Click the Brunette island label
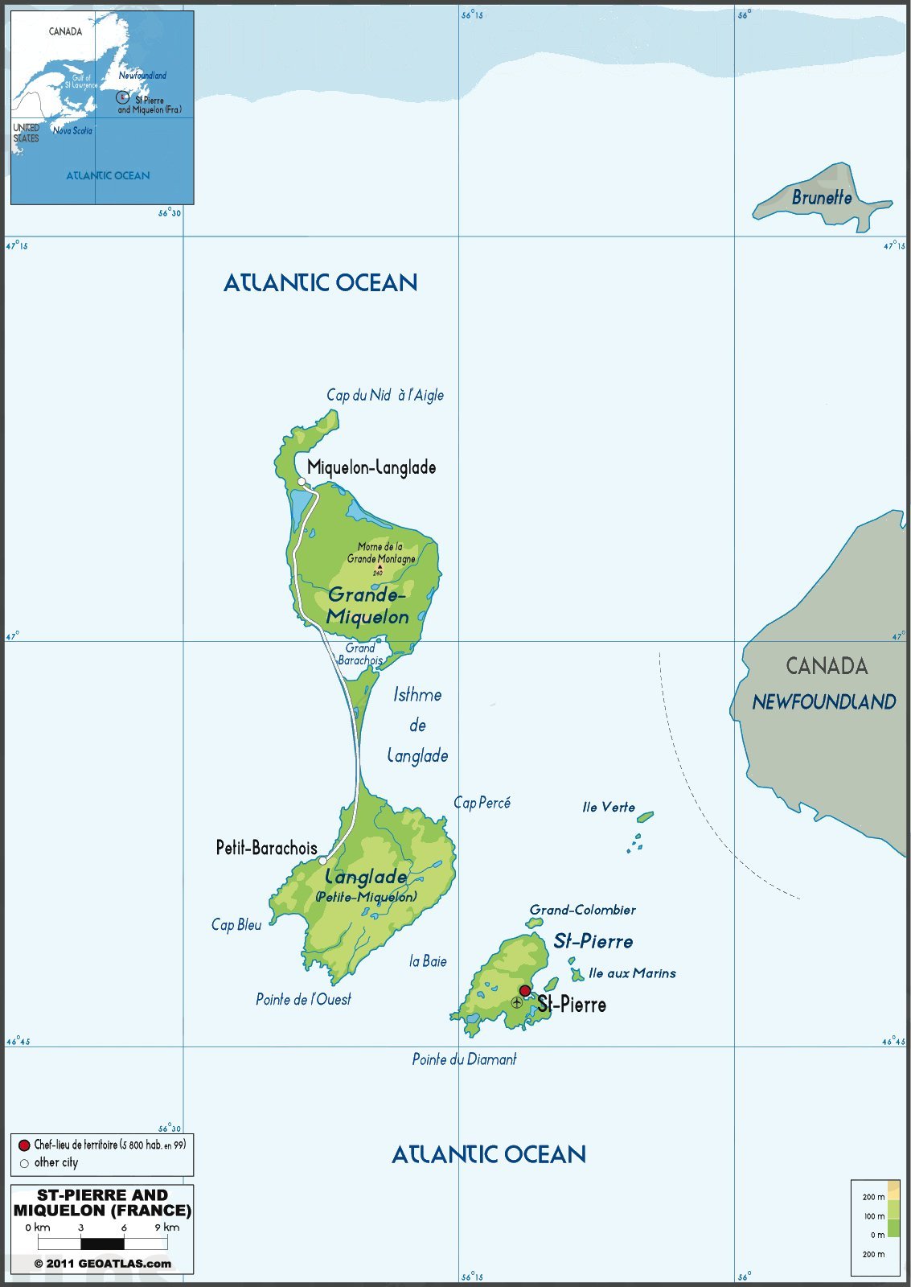pos(821,197)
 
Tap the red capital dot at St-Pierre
pos(525,991)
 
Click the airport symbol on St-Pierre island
pos(517,1002)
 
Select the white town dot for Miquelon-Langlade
pos(302,482)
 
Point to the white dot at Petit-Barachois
pos(322,861)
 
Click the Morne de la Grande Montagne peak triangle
pos(379,566)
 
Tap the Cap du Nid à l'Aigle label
pos(384,395)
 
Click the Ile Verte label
pos(609,808)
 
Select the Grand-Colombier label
pos(582,910)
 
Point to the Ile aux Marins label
pos(632,973)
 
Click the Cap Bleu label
pos(236,925)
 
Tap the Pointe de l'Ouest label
pos(303,999)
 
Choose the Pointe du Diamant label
pos(464,1059)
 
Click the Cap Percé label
pos(482,803)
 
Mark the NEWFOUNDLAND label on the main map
pos(823,702)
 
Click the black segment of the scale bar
pos(102,1244)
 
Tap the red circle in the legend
pos(24,1145)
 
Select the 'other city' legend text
pos(56,1162)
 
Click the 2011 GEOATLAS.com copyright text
pos(102,1263)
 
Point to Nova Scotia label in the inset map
pos(72,130)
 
